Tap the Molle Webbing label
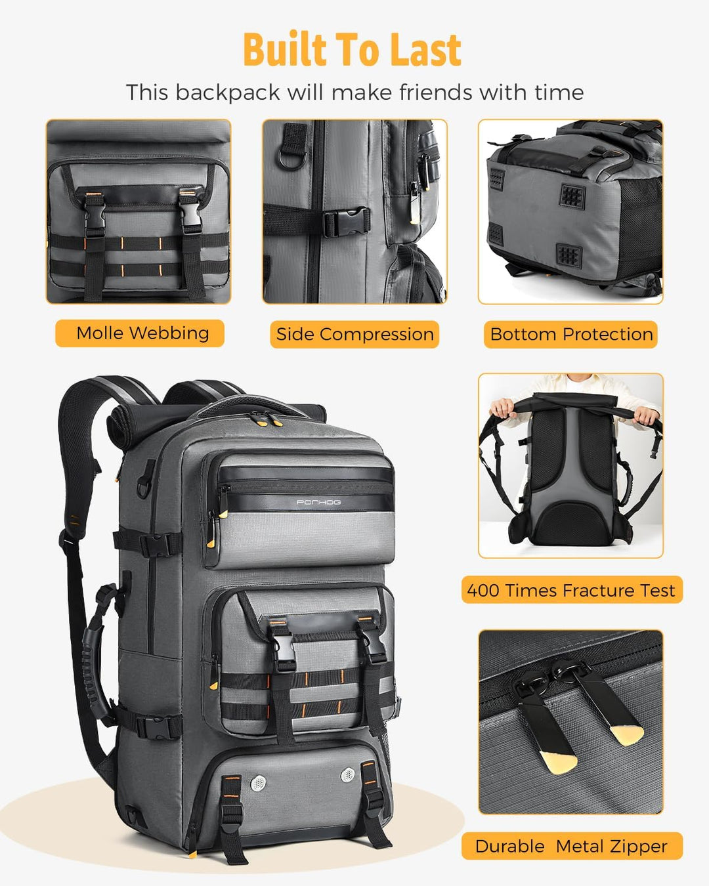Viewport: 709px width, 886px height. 142,333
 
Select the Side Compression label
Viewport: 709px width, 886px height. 354,335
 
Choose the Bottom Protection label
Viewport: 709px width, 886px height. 571,335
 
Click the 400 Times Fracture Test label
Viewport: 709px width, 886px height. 571,591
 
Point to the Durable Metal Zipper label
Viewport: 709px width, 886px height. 571,847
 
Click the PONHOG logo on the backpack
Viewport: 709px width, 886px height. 318,503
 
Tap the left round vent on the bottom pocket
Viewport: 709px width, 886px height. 259,782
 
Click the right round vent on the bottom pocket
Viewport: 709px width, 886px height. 347,775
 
